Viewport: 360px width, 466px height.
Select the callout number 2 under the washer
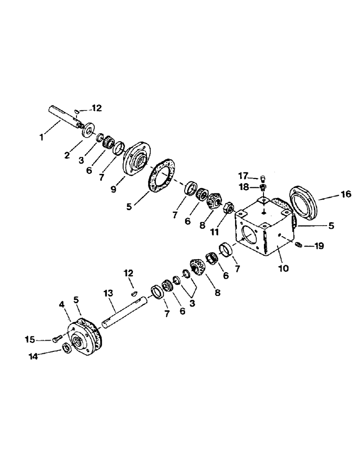[x=68, y=155]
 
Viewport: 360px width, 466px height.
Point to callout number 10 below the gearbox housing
[x=284, y=268]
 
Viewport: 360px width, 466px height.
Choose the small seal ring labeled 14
[x=66, y=348]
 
